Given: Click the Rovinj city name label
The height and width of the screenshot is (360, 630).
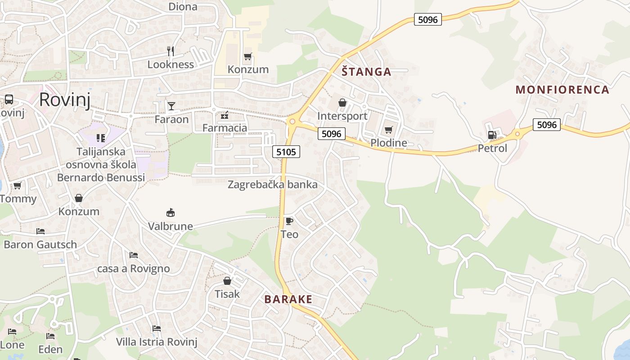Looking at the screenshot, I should [x=65, y=99].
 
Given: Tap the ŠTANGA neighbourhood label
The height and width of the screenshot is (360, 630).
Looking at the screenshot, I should [x=366, y=72].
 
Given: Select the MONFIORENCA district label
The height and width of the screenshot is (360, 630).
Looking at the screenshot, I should [x=562, y=90].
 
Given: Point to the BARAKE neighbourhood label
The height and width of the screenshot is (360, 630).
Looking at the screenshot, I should [x=288, y=299].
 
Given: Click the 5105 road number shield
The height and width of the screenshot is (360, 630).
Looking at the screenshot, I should [x=286, y=152].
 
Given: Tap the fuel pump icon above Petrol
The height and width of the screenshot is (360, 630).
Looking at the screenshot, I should [x=492, y=135].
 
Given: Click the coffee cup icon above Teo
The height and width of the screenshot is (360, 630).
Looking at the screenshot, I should [x=289, y=221].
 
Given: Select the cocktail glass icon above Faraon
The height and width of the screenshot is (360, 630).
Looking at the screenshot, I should [x=171, y=106].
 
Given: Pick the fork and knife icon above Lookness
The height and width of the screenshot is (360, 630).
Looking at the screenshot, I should [x=171, y=51].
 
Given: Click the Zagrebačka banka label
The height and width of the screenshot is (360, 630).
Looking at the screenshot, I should [x=272, y=184].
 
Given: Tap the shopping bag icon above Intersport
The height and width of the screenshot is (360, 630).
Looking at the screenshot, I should [x=342, y=103].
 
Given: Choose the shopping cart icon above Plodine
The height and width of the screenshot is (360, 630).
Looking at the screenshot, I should [x=388, y=130].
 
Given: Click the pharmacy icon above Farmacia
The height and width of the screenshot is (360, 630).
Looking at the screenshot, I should [x=225, y=116].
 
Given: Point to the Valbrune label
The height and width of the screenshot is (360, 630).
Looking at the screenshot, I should [x=171, y=226].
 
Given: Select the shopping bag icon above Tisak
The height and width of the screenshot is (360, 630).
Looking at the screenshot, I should [x=227, y=281].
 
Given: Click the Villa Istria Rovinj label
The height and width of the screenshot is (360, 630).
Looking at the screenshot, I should [x=157, y=342].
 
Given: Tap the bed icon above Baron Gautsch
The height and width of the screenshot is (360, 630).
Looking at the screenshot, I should [x=40, y=231].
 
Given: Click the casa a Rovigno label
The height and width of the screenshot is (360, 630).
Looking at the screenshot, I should [x=134, y=269].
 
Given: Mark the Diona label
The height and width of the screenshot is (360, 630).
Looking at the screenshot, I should [x=183, y=6].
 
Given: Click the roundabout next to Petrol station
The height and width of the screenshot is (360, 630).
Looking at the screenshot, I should [x=517, y=133].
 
